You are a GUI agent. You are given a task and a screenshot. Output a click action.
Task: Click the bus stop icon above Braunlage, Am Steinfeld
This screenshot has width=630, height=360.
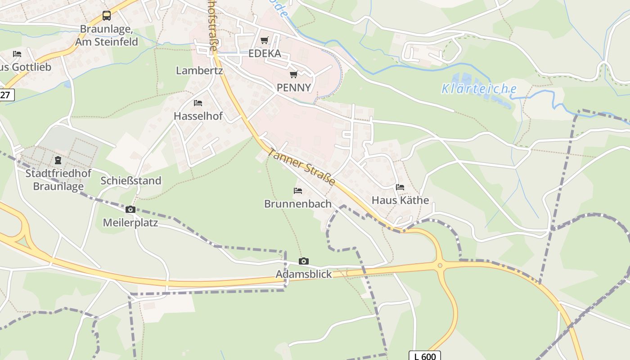(106, 16)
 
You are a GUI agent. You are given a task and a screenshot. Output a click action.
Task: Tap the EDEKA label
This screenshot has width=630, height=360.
(265, 54)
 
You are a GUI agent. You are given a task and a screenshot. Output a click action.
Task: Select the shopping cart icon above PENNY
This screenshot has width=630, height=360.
(294, 74)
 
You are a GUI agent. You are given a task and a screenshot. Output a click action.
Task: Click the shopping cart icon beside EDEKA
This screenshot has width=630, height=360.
(265, 40)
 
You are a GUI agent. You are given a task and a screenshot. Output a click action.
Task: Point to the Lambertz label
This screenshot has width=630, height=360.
(199, 71)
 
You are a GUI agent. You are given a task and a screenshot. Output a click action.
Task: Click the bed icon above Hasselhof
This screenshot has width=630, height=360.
(198, 103)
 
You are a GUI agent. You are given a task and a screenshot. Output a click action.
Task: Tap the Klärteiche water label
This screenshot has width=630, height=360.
(479, 89)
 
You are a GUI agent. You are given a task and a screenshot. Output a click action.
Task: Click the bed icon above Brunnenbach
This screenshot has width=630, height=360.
(297, 191)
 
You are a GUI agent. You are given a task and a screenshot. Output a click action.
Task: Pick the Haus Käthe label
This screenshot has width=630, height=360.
(400, 200)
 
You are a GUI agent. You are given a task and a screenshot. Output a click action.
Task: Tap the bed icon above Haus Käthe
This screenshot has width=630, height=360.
(400, 187)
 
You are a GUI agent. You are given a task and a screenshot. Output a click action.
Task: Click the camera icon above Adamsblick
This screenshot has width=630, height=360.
(304, 261)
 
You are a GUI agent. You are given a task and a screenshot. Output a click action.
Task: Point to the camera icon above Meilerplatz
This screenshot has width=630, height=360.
(130, 209)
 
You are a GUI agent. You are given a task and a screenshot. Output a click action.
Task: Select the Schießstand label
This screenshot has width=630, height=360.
(131, 181)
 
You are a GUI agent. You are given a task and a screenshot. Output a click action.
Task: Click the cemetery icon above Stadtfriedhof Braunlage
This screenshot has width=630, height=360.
(58, 160)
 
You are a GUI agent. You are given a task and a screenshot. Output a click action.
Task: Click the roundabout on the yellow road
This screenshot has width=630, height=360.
(440, 265)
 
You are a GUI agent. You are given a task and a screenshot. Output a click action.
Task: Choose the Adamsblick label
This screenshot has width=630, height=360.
(304, 274)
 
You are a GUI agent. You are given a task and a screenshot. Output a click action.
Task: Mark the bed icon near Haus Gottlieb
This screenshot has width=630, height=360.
(17, 54)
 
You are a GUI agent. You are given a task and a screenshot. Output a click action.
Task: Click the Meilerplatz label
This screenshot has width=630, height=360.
(130, 222)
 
